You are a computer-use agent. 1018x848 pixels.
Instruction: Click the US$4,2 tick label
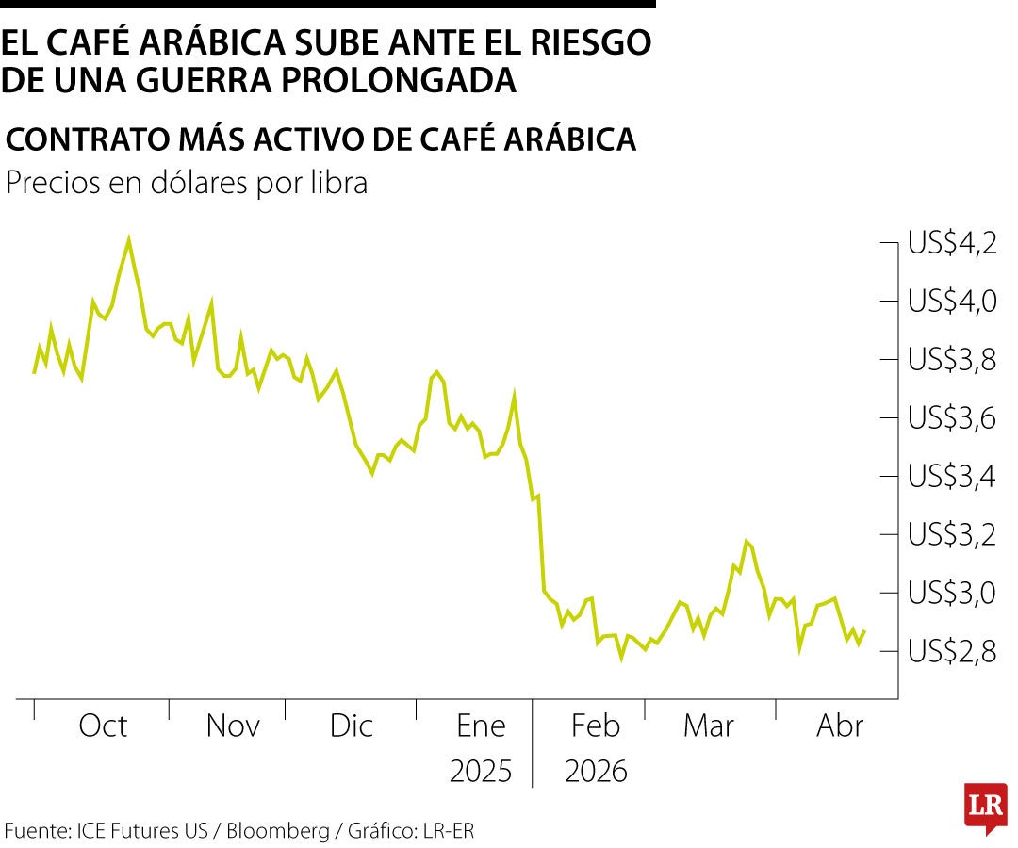pos(952,244)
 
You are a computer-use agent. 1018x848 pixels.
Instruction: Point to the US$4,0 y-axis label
pos(952,302)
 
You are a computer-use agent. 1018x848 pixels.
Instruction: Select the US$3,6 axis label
pos(952,418)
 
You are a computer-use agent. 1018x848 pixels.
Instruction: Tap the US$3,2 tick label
pos(952,535)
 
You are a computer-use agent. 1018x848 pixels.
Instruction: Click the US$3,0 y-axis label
pos(952,594)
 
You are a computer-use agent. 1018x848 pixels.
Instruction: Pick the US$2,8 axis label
pos(952,652)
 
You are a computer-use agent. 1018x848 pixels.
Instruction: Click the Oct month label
pos(103,726)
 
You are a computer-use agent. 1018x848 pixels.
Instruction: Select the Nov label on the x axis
pos(233,726)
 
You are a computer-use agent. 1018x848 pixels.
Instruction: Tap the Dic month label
pos(352,726)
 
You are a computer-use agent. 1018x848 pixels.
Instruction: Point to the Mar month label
pos(709,726)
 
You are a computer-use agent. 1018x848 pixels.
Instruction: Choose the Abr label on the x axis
pos(840,726)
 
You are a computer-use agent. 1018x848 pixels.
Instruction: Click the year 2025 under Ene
pos(481,772)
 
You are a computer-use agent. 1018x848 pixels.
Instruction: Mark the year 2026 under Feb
pos(596,772)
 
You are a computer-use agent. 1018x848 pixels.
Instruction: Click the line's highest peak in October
pos(128,240)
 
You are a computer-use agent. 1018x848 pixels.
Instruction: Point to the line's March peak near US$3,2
pos(747,541)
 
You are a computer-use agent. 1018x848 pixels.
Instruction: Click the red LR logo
pos(985,807)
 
